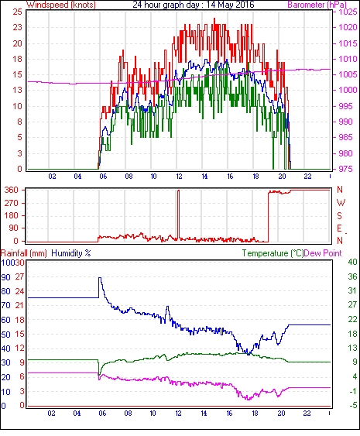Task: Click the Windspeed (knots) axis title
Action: [61, 5]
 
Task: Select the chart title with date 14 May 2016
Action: [194, 5]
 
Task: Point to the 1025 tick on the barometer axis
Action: [348, 12]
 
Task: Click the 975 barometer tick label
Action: [346, 169]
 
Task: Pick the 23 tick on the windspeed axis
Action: [17, 28]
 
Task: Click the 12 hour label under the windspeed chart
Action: [179, 177]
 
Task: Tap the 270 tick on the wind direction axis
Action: [12, 203]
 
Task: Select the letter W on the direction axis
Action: [341, 203]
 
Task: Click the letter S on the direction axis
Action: [339, 215]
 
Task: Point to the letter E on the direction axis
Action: [339, 228]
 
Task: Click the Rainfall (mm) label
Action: [24, 253]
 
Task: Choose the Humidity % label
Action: [71, 253]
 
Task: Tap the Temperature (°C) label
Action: [273, 253]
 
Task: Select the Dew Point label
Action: [323, 253]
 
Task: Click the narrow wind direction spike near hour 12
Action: [179, 214]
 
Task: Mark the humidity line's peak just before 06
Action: [100, 277]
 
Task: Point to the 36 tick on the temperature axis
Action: [352, 276]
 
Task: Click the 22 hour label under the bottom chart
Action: [307, 414]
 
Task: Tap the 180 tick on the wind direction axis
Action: [12, 215]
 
